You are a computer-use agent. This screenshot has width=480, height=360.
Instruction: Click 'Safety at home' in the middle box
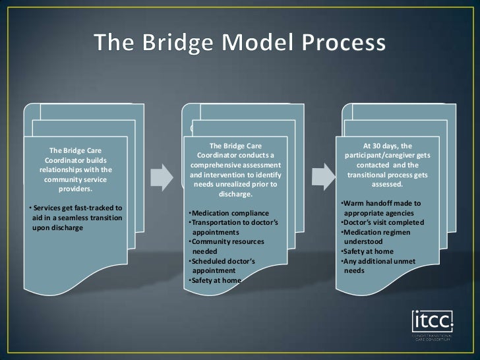click(215, 280)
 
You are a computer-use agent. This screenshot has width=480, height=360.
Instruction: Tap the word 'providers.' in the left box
click(76, 189)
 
